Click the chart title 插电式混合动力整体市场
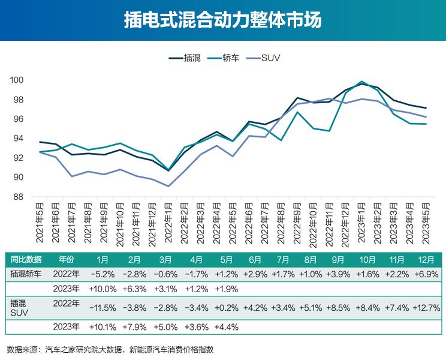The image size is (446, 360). (222, 20)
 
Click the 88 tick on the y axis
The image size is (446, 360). (19, 197)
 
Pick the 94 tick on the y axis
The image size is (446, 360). (19, 139)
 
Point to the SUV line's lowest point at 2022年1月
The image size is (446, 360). (169, 186)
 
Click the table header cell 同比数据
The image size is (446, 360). (26, 260)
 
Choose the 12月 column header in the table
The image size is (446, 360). (426, 260)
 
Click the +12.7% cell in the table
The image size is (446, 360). (426, 308)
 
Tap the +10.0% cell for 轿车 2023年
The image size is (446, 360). (102, 289)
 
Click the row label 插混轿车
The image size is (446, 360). (26, 274)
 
